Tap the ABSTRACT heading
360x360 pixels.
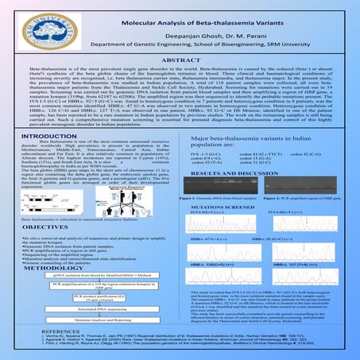tap(180, 60)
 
